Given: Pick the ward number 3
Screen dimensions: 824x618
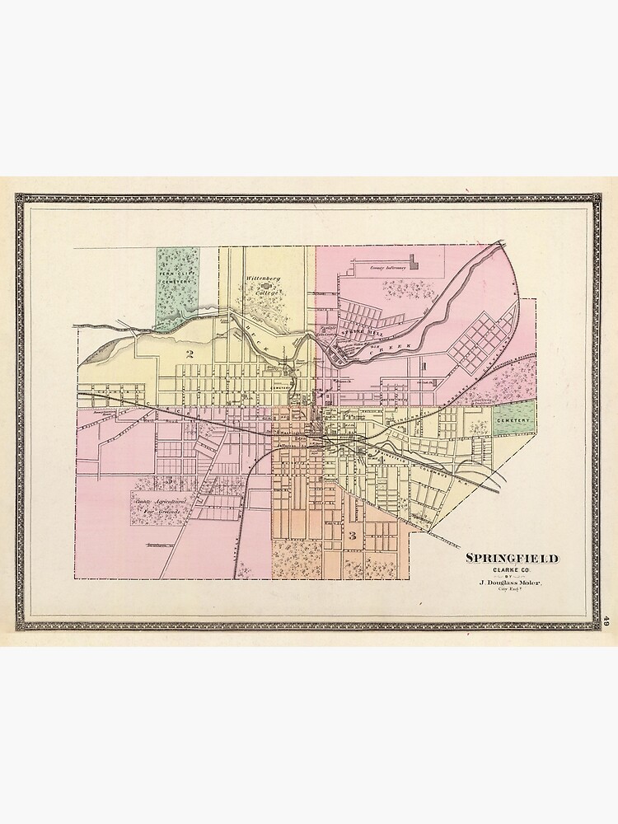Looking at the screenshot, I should click(353, 536).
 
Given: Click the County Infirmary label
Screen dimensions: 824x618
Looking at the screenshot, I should click(388, 268).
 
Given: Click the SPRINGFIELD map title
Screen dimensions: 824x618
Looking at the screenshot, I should click(512, 558).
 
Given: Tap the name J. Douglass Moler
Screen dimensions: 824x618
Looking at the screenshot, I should click(512, 584).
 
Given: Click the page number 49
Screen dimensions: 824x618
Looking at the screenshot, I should click(607, 620).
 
